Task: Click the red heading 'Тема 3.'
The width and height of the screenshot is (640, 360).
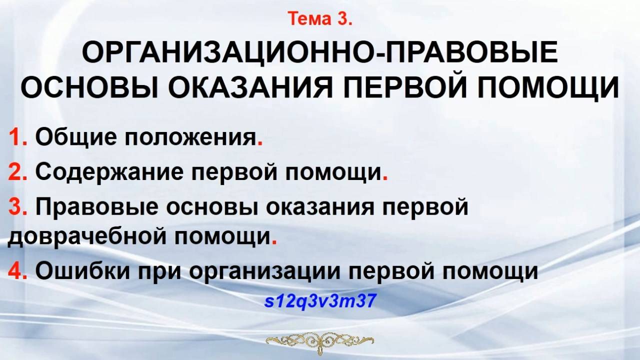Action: tap(320, 19)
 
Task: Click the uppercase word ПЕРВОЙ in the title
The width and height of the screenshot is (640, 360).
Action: tap(405, 88)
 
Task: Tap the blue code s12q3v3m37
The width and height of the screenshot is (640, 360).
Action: tap(320, 302)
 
